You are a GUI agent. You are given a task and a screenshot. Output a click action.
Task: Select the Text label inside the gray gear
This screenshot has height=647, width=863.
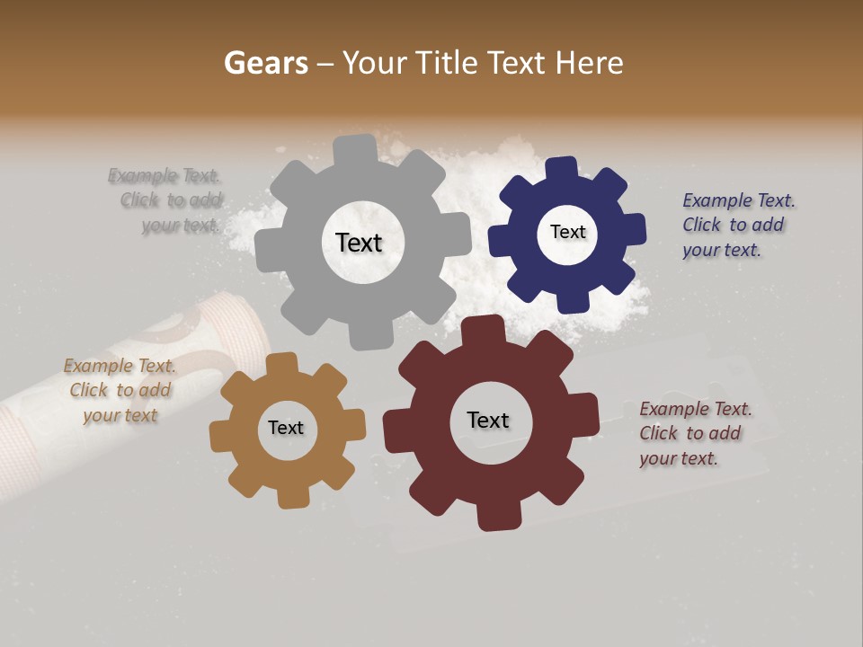click(x=359, y=243)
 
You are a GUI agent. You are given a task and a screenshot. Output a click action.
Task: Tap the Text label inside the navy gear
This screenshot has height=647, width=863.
click(x=567, y=232)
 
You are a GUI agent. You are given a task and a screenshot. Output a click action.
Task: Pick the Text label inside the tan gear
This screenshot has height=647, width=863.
click(x=286, y=428)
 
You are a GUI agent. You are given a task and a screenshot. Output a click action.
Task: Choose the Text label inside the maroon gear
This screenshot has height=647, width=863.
click(x=488, y=420)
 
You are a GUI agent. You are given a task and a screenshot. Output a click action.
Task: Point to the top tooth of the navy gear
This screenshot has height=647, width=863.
click(x=562, y=168)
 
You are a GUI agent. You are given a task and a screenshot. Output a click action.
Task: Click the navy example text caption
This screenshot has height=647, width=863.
click(x=738, y=225)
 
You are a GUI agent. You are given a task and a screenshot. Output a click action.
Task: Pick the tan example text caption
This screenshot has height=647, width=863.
click(x=120, y=390)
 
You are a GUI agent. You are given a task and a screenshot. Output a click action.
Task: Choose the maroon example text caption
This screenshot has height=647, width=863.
click(x=695, y=433)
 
